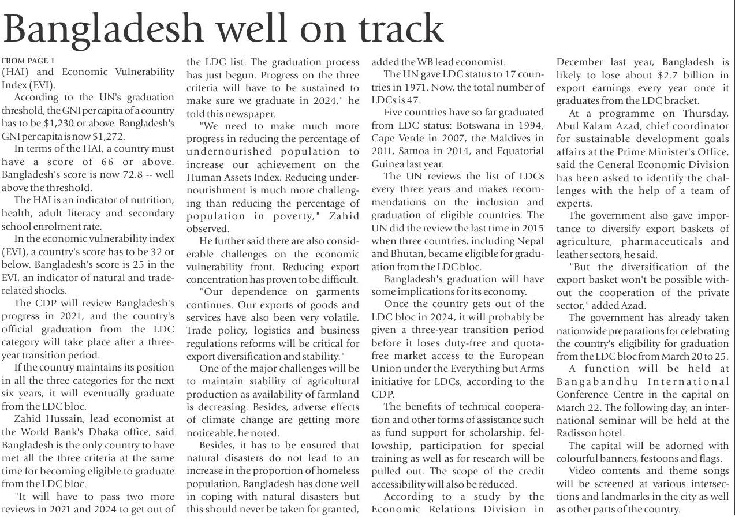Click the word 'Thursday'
tap(705, 113)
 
